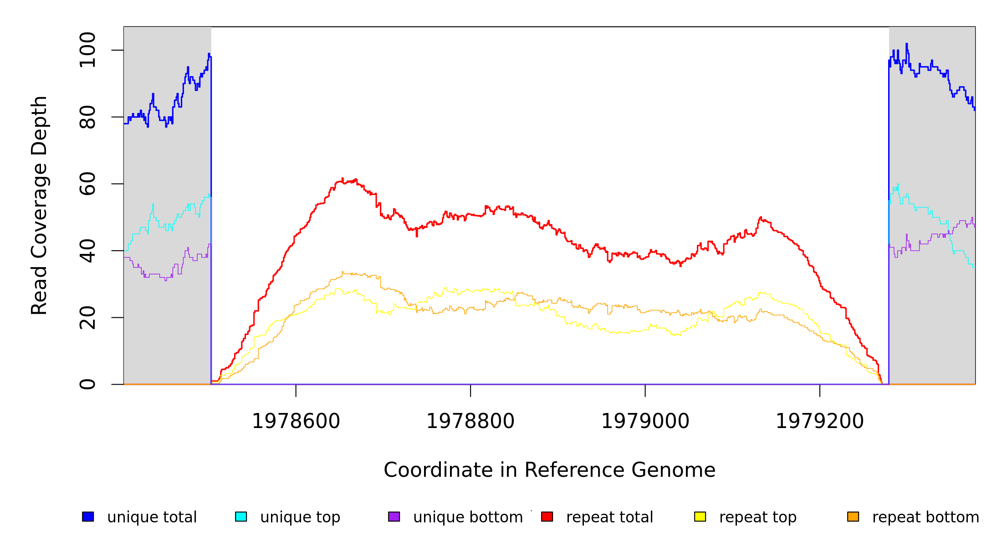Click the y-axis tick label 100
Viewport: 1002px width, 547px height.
click(x=87, y=50)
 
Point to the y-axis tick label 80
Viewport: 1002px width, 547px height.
click(x=87, y=117)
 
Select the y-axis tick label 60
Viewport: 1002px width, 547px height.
click(x=87, y=184)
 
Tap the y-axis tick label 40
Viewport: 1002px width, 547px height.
click(x=87, y=251)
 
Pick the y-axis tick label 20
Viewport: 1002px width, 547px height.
click(x=87, y=318)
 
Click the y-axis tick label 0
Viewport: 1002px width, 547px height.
click(x=87, y=384)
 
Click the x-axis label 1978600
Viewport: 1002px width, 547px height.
click(x=296, y=421)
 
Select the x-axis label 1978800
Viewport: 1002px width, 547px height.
click(x=470, y=421)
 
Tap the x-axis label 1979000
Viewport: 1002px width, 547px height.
click(x=645, y=421)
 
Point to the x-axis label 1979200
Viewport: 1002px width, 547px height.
click(x=820, y=421)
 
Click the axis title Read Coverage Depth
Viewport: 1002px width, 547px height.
click(x=39, y=205)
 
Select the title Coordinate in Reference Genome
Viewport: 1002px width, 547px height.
click(x=549, y=470)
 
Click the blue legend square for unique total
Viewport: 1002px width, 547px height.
click(x=88, y=516)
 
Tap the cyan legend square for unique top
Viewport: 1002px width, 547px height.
click(x=241, y=516)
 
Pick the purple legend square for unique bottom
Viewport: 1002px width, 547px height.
click(x=394, y=516)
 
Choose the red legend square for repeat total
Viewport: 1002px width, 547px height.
click(x=547, y=516)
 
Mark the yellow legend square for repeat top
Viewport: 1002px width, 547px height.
click(x=700, y=516)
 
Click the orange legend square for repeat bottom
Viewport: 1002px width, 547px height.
click(x=853, y=516)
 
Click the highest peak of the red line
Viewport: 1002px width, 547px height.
click(x=343, y=179)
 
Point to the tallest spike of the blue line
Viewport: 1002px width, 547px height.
click(x=906, y=44)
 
